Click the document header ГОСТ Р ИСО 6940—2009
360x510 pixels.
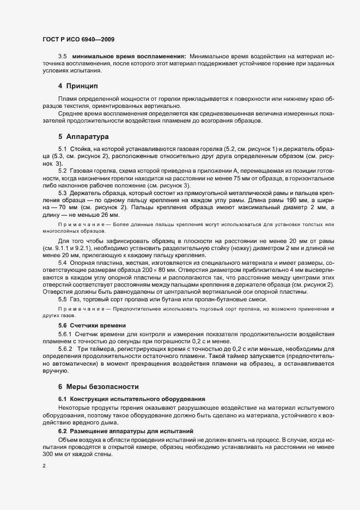tap(78, 40)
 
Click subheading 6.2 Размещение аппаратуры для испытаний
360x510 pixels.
tap(127, 430)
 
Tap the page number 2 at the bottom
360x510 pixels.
tap(44, 466)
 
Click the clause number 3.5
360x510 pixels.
tap(62, 57)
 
